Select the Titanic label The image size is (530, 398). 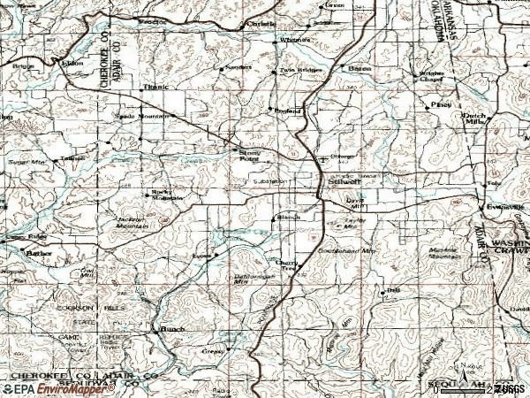coord(155,86)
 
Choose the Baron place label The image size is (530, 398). coord(360,67)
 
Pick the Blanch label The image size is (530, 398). coord(289,217)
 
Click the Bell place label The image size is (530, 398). coord(394,290)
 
